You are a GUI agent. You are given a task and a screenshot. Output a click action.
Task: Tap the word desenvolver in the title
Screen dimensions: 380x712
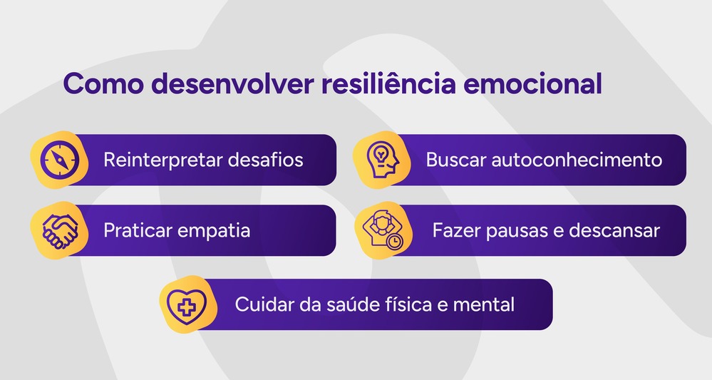click(232, 84)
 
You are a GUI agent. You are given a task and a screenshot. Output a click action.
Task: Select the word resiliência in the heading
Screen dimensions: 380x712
click(388, 84)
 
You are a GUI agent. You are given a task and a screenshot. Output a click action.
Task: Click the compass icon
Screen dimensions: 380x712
click(58, 160)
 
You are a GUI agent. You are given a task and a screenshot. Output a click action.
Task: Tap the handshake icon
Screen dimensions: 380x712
click(58, 230)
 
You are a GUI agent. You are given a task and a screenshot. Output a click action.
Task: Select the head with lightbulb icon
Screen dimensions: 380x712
click(381, 160)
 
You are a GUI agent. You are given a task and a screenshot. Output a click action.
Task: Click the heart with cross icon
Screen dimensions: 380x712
click(187, 304)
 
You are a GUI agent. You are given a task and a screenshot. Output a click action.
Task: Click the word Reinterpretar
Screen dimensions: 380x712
click(163, 160)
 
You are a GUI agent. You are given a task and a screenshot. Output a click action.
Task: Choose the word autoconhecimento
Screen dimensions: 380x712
click(577, 160)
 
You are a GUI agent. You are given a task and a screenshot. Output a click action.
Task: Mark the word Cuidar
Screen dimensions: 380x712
click(261, 304)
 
